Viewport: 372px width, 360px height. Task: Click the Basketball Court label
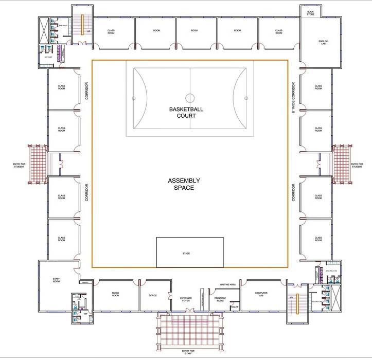click(x=186, y=112)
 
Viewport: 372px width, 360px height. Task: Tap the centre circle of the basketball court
click(x=190, y=97)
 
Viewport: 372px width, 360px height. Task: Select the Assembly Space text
click(x=184, y=184)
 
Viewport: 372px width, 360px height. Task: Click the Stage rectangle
click(x=189, y=253)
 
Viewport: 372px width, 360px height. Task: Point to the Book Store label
click(x=310, y=13)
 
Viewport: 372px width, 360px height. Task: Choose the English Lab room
click(x=323, y=42)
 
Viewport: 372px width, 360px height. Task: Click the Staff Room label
click(x=57, y=280)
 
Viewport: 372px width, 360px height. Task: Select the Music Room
click(x=116, y=294)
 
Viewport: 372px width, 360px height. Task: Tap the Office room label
click(x=153, y=295)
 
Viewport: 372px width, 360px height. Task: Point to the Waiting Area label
click(x=227, y=284)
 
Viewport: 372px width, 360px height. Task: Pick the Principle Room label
click(x=220, y=299)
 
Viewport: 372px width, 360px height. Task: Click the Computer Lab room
click(x=261, y=294)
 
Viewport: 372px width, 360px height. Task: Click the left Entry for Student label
click(x=19, y=165)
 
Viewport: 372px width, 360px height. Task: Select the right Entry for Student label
click(x=357, y=165)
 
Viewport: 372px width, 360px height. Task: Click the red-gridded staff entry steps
click(x=189, y=330)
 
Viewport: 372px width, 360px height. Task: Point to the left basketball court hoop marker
click(x=134, y=97)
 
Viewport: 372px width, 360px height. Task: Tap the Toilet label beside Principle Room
click(x=235, y=307)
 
